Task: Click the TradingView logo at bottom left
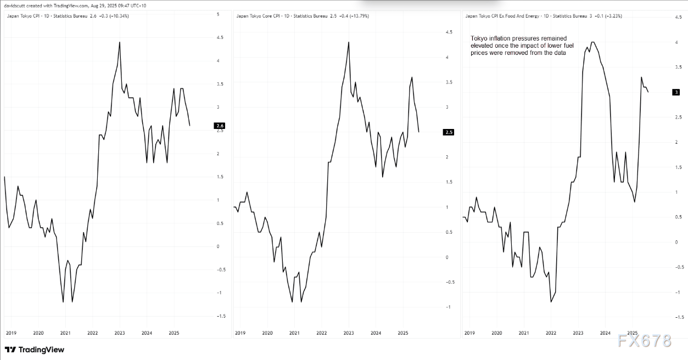34,350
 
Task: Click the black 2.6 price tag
221,126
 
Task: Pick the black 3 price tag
676,92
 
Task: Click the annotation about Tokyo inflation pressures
518,46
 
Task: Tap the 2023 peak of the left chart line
120,42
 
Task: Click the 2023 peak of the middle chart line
349,42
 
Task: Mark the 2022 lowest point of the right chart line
551,301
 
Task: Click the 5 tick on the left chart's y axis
218,14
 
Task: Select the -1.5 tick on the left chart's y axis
220,316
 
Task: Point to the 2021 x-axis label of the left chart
65,333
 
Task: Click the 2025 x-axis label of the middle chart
402,333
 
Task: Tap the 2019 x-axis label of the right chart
469,333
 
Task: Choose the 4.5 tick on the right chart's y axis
678,18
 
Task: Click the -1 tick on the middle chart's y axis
448,307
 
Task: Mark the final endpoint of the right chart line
648,92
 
